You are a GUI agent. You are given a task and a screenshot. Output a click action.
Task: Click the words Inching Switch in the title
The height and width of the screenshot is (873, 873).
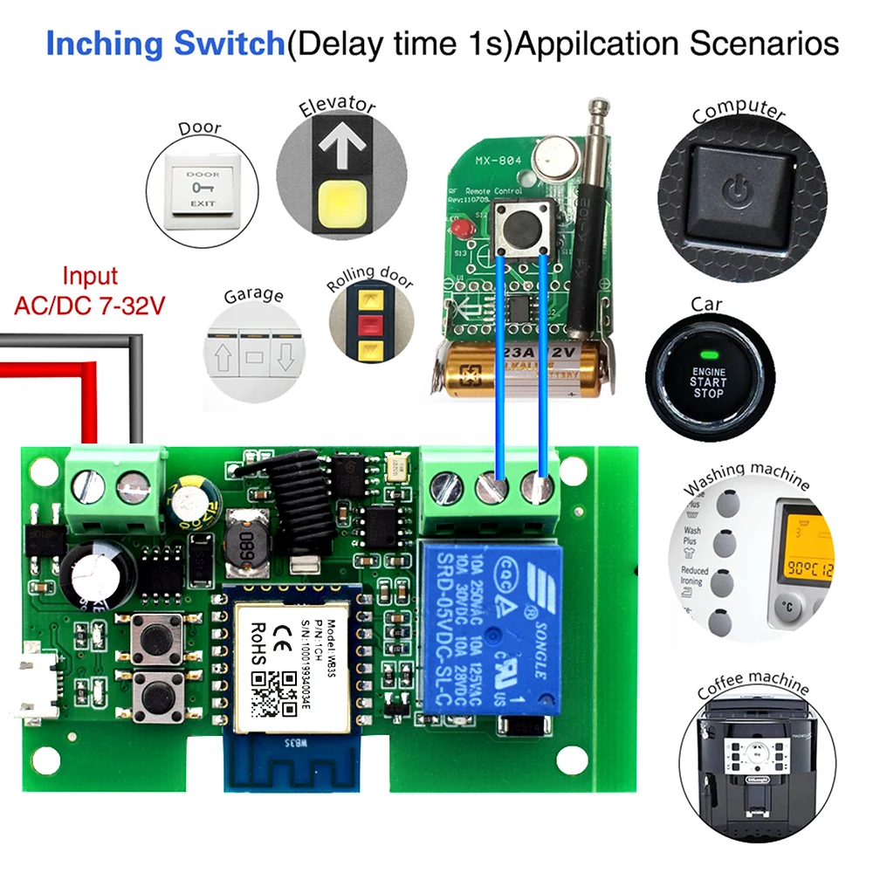click(165, 43)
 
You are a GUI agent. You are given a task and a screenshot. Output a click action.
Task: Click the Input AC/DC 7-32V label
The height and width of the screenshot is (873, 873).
click(90, 292)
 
